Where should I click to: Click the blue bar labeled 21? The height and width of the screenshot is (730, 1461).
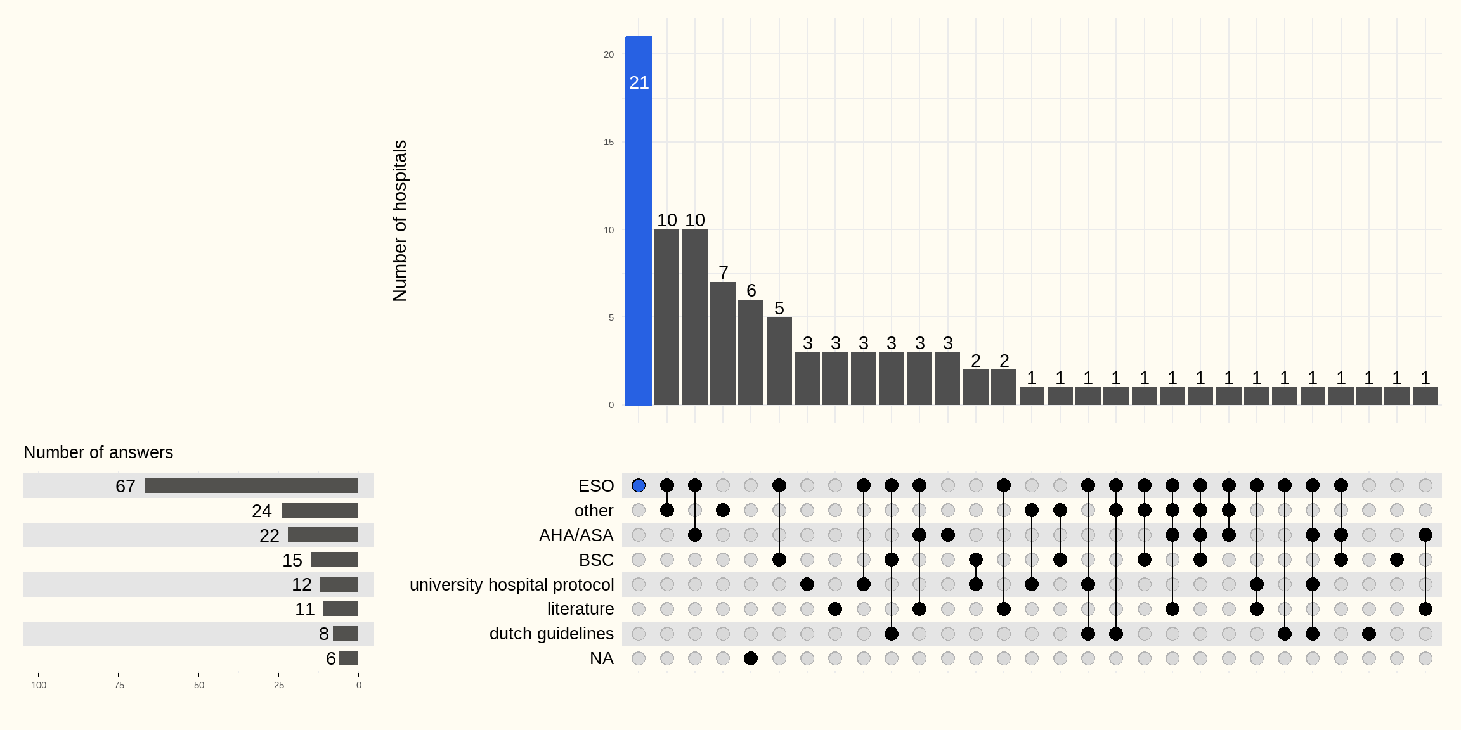click(639, 222)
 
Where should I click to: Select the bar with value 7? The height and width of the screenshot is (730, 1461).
click(723, 343)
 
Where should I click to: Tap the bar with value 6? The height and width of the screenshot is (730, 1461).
click(751, 352)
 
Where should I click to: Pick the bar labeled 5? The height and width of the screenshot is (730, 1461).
click(779, 361)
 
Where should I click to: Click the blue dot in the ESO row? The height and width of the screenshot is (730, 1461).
click(639, 485)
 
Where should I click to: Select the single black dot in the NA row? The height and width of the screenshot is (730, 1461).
click(751, 658)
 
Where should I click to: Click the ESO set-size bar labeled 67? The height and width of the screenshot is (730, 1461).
click(251, 485)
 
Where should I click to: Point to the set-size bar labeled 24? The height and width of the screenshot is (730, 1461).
click(320, 510)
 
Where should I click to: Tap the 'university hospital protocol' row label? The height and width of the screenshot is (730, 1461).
click(512, 584)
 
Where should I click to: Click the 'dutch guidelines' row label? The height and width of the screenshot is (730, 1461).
click(552, 634)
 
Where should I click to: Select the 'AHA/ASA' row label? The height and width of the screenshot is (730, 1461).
click(576, 535)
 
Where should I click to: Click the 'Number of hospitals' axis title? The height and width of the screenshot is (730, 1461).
click(399, 221)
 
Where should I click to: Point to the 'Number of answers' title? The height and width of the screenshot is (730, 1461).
click(98, 452)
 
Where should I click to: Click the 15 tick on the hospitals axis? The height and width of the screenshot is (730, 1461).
click(609, 142)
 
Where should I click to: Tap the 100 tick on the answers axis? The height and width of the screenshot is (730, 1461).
click(39, 685)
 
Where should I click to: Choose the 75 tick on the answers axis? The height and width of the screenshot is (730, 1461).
click(119, 685)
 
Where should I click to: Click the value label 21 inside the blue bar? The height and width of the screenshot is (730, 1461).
click(639, 82)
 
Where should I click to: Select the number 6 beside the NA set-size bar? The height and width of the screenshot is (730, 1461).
click(330, 658)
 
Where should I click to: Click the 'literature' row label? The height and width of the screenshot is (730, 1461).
click(580, 609)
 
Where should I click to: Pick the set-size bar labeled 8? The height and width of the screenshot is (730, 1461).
click(346, 634)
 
